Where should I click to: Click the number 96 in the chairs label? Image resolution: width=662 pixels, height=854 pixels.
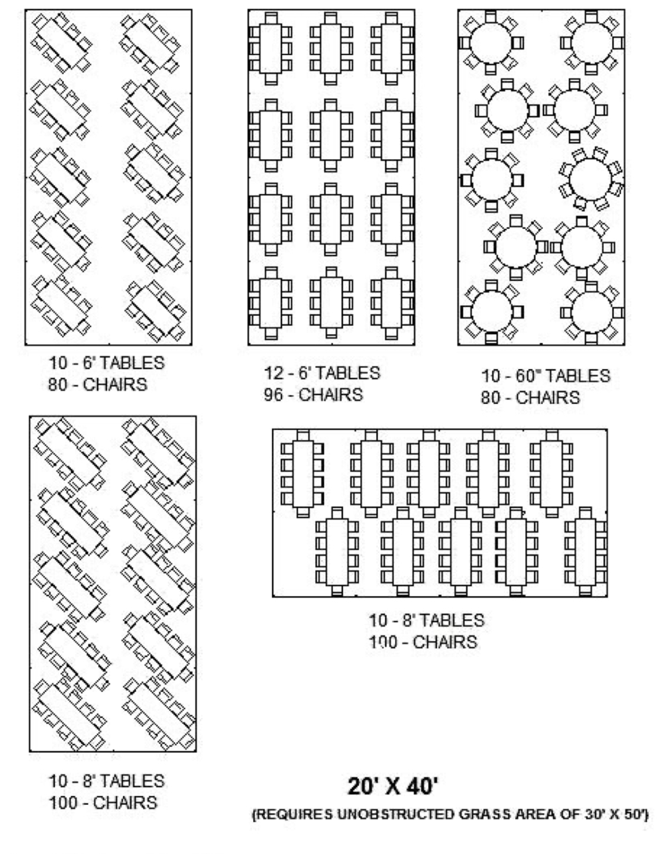coord(273,394)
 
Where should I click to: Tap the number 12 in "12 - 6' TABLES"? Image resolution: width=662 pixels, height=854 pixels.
coord(273,373)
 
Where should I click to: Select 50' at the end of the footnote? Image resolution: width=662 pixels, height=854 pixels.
coord(633,814)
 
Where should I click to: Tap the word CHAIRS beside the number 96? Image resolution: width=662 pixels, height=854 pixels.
coord(330,395)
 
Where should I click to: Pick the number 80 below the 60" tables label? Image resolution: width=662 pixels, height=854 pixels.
coord(490,397)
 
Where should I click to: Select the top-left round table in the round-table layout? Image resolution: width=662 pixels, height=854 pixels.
coord(491,42)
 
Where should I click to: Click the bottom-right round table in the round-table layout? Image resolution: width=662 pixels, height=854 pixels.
coord(592,312)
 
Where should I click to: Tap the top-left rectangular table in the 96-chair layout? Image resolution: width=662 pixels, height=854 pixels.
coord(271,48)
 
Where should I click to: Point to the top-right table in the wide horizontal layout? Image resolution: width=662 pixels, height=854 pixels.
coord(551,473)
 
